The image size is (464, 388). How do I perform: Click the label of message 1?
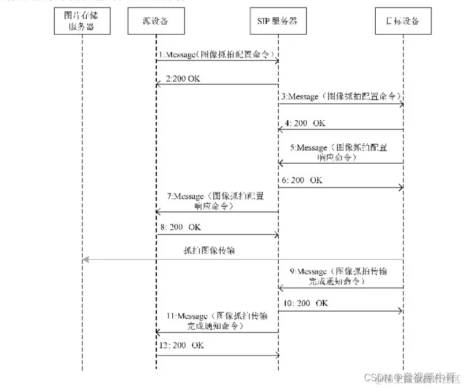pyautogui.click(x=218, y=55)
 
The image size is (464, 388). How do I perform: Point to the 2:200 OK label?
pyautogui.click(x=183, y=79)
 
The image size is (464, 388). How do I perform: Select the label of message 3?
pyautogui.click(x=340, y=97)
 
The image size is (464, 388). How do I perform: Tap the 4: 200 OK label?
pyautogui.click(x=305, y=123)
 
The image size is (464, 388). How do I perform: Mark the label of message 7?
pyautogui.click(x=216, y=200)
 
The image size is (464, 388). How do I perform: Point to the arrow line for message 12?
pyautogui.click(x=217, y=355)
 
